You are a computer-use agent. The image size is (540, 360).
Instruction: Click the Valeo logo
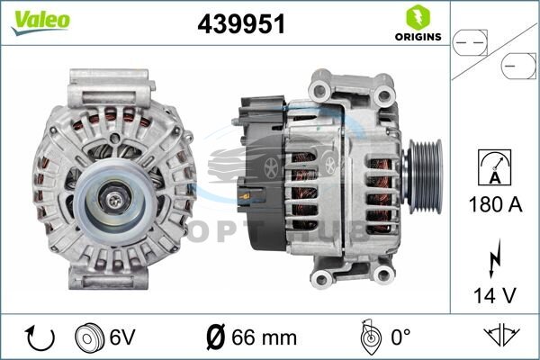point(40,22)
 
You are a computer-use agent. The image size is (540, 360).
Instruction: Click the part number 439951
point(241,24)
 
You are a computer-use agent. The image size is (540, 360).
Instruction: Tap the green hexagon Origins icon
point(418,17)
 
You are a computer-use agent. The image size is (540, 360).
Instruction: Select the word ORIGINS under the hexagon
point(418,37)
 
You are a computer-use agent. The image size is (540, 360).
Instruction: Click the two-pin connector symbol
point(470,42)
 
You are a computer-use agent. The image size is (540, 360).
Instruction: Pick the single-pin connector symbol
point(518,66)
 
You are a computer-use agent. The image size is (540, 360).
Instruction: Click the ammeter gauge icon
point(495,167)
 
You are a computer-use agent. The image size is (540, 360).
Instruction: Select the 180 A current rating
point(495,204)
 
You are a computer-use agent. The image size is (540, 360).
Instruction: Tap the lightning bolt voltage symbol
point(494,259)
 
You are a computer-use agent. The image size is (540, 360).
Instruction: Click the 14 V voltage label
point(495,295)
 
